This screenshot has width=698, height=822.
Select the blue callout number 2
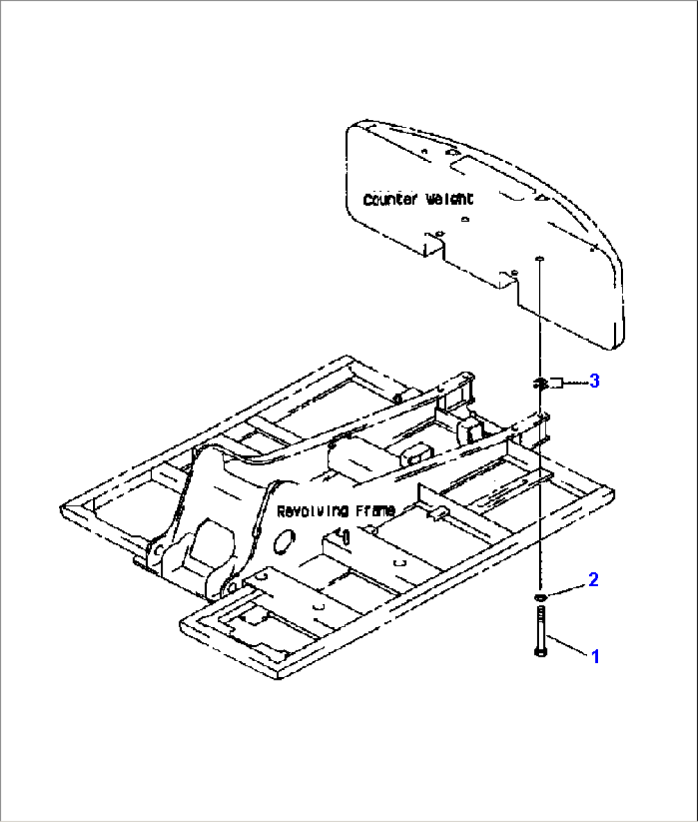[x=594, y=580]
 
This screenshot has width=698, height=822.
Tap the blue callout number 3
[x=594, y=381]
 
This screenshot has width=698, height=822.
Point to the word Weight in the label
[x=450, y=199]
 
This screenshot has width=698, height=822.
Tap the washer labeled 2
[x=540, y=597]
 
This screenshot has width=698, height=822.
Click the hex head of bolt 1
[x=539, y=652]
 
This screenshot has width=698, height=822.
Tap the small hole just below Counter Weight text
[x=466, y=220]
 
